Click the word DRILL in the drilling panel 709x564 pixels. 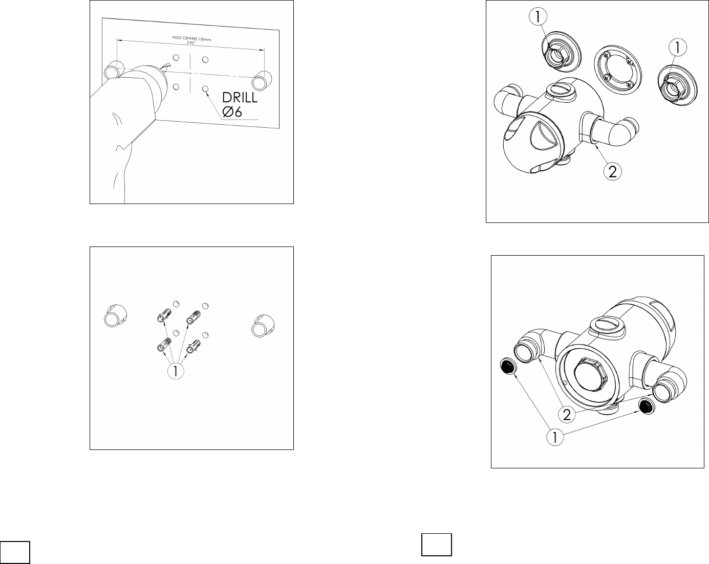coord(240,98)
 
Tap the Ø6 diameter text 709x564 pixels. coord(232,112)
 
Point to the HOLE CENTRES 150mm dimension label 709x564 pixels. coord(191,38)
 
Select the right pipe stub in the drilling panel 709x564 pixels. coord(262,80)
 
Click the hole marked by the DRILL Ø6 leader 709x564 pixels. coord(205,89)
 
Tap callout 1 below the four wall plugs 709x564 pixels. coord(176,371)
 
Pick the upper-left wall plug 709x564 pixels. coord(164,315)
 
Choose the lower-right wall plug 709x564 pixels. coord(194,346)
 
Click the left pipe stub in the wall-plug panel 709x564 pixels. coord(115,315)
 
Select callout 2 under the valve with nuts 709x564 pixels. coord(612,171)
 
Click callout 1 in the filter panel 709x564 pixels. coord(555,437)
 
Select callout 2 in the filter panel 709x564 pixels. coord(567,415)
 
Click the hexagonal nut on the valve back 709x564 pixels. coord(592,374)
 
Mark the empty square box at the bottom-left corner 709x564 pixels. coord(15,552)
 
